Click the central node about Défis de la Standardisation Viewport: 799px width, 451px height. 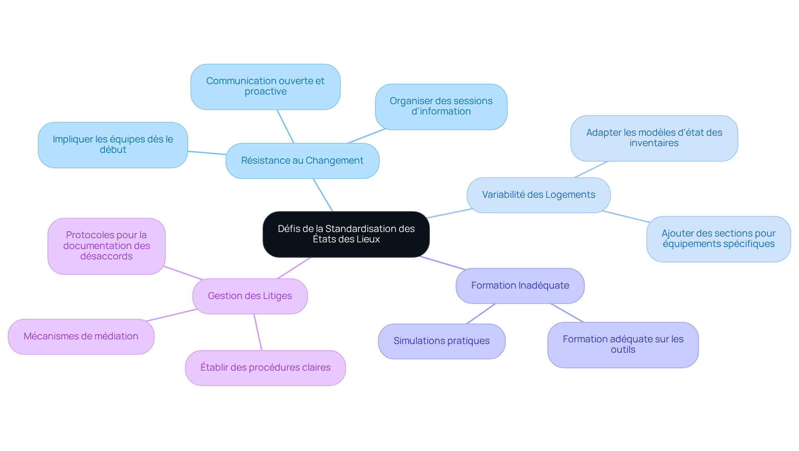[346, 234]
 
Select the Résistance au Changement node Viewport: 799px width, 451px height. [303, 161]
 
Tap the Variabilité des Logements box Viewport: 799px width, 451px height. [538, 195]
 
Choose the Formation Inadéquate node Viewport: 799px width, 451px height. [520, 286]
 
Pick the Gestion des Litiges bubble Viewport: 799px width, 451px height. [250, 296]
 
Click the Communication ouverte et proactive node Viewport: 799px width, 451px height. [266, 87]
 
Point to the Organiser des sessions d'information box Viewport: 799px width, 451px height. [441, 107]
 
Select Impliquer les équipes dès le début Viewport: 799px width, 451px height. [113, 145]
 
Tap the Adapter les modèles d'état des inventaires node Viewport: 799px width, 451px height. [654, 138]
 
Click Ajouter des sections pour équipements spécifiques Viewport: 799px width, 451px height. [719, 239]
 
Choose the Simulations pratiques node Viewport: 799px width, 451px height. [442, 341]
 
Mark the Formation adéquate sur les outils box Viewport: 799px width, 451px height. [623, 345]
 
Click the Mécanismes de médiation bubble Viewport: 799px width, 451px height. [81, 336]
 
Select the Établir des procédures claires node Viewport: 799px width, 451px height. [266, 368]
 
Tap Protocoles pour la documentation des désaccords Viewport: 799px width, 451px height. [107, 246]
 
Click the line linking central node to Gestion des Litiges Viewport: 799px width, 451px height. [294, 268]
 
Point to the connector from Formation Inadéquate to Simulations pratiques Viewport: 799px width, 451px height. [481, 314]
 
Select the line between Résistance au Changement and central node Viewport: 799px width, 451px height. [323, 195]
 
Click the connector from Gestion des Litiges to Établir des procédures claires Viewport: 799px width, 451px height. [258, 332]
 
